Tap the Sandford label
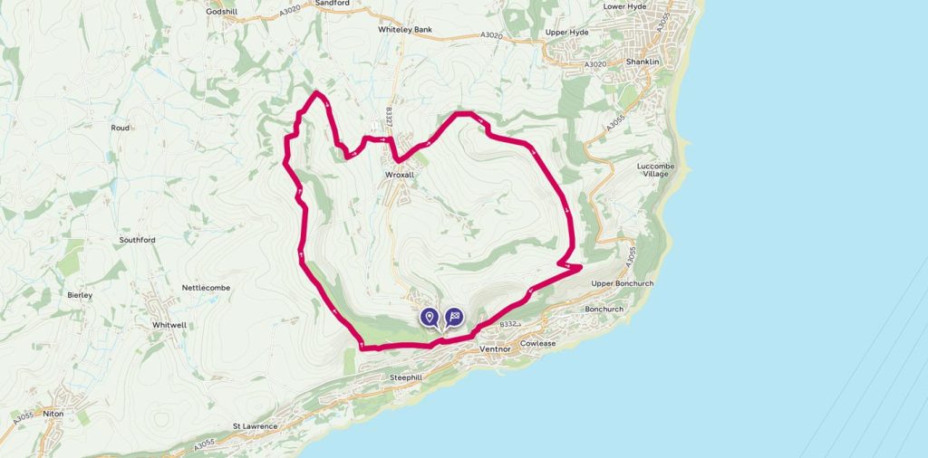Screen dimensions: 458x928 (x=332, y=4)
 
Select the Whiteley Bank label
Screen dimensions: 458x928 (x=405, y=29)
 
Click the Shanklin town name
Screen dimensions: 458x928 (x=643, y=62)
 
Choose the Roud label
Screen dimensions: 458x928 (x=121, y=129)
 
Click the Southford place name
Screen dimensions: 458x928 (x=138, y=240)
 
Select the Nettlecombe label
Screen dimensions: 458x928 (x=207, y=288)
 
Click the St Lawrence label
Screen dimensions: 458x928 (x=254, y=425)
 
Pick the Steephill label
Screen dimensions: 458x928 (x=406, y=377)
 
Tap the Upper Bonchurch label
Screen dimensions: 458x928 (x=622, y=283)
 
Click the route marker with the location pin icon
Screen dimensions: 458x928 (x=430, y=317)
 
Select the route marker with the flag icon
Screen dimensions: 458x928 (x=454, y=317)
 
